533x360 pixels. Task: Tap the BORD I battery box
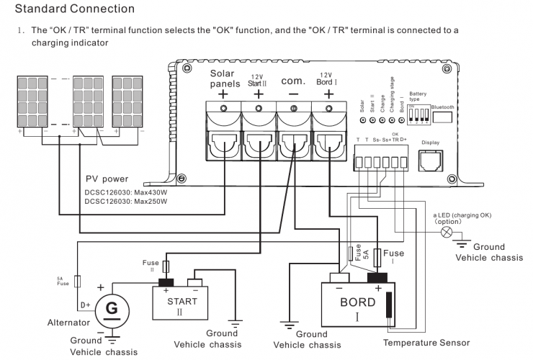358,306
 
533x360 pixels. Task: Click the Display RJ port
430,159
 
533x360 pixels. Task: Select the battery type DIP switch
417,112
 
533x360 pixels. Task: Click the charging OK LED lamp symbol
446,233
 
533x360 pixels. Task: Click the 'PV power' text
107,179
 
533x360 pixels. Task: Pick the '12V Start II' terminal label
258,79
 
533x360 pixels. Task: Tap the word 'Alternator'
68,323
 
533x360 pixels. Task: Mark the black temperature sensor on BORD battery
390,307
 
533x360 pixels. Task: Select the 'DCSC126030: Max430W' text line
125,192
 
